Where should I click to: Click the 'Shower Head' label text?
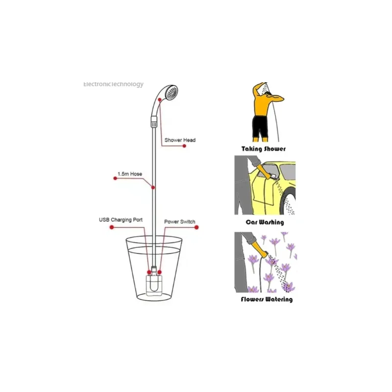180,140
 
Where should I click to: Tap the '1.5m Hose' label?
130,174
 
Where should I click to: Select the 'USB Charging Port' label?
121,220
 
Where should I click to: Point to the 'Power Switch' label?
179,221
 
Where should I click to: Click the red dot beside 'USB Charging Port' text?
112,227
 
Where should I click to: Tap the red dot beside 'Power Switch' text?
196,227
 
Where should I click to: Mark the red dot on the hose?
153,188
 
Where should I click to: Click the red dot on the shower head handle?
160,99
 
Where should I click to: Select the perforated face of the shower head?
172,92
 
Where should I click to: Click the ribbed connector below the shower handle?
154,122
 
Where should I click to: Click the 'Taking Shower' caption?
264,149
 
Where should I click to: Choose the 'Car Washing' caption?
265,222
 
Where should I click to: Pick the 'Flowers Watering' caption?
267,299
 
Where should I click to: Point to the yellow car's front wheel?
289,202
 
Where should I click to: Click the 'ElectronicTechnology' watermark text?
113,84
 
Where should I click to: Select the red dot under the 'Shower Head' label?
184,146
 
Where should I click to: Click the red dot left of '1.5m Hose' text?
115,178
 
